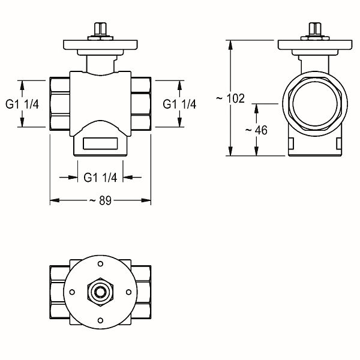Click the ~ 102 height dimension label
coord(230,98)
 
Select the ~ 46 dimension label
coord(256,130)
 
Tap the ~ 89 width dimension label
coord(100,200)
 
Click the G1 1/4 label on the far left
coord(22,104)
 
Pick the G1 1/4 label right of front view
coord(179,104)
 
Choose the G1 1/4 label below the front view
coord(100,177)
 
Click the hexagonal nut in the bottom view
coord(100,292)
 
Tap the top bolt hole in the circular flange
coord(100,264)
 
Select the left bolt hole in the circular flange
coord(72,292)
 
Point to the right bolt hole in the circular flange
coord(129,292)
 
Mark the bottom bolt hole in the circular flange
coord(100,320)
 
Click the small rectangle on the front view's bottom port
coord(100,143)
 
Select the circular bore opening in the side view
coord(315,104)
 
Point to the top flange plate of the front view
coord(100,45)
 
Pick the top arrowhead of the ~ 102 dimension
coord(230,45)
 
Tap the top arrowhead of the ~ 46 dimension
coord(256,109)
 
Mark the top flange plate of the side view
coord(315,45)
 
